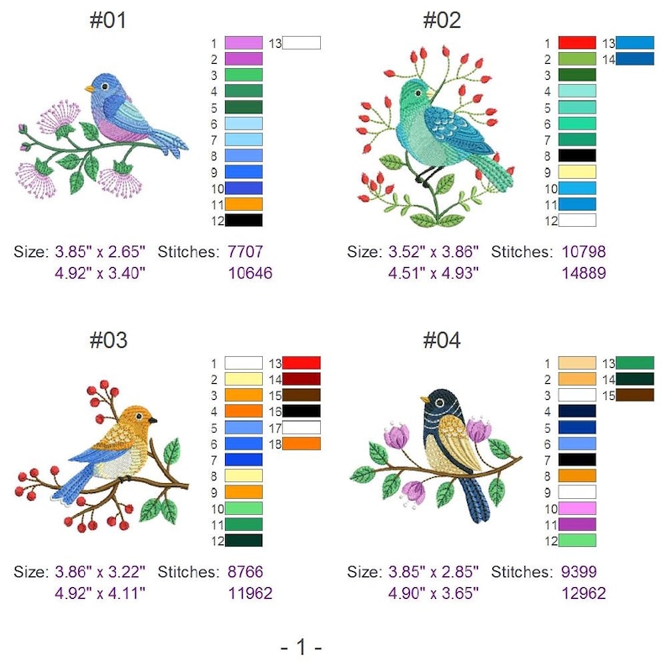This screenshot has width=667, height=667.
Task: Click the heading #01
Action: coord(108,20)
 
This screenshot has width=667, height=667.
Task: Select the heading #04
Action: coord(441,340)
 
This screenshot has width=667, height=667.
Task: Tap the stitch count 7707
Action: coord(245,251)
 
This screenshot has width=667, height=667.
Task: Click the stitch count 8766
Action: coord(245,572)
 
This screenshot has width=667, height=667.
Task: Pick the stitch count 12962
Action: coord(581,593)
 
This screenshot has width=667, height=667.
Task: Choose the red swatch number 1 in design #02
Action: coord(576,43)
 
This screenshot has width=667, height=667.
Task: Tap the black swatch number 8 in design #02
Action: coord(576,155)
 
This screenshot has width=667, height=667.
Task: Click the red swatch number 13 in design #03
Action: coord(301,363)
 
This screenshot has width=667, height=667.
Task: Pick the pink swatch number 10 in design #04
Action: coord(576,508)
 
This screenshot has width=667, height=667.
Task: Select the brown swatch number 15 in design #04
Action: coord(634,395)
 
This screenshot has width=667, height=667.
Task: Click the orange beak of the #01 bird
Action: coord(87,87)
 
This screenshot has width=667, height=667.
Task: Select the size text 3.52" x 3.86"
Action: coord(433,251)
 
